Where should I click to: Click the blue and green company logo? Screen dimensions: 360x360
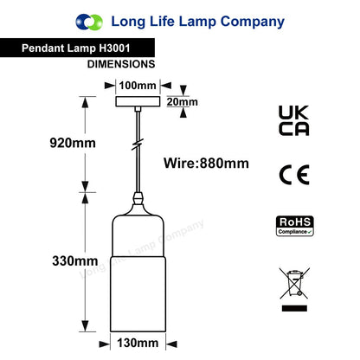tap(89, 22)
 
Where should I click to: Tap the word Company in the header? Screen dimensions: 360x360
tap(253, 22)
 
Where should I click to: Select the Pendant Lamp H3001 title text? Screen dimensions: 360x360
tap(76, 48)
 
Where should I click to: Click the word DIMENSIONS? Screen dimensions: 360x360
tap(121, 64)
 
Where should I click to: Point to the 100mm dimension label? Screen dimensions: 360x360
tap(138, 86)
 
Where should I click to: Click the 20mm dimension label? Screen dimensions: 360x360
tap(183, 102)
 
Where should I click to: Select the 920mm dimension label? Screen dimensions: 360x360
tap(73, 143)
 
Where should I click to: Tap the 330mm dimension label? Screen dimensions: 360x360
tap(75, 261)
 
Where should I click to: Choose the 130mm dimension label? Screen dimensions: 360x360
tap(138, 343)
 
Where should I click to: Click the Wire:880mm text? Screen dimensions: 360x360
tap(206, 164)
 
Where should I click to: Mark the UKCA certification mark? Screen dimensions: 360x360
tap(294, 120)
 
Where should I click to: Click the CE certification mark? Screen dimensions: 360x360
tap(294, 175)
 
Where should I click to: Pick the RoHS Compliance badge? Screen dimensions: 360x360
tap(295, 226)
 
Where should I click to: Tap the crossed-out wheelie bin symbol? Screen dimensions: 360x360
tap(294, 283)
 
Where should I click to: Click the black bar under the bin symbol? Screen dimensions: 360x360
tap(294, 308)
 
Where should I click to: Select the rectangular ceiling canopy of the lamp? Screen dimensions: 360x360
tap(138, 101)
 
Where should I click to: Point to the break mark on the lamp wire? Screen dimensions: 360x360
tap(138, 145)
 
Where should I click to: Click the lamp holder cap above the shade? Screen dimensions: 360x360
tap(138, 199)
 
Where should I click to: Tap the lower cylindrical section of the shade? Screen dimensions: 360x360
tap(138, 293)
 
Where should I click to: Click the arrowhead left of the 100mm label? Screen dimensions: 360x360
tap(110, 86)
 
